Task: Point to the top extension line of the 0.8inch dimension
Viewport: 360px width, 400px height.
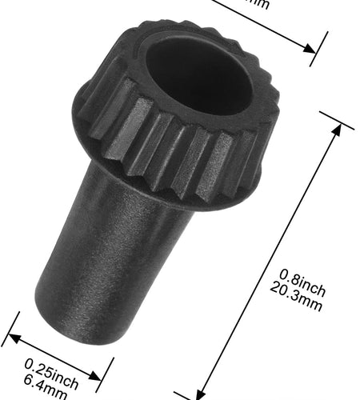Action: (x=336, y=119)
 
